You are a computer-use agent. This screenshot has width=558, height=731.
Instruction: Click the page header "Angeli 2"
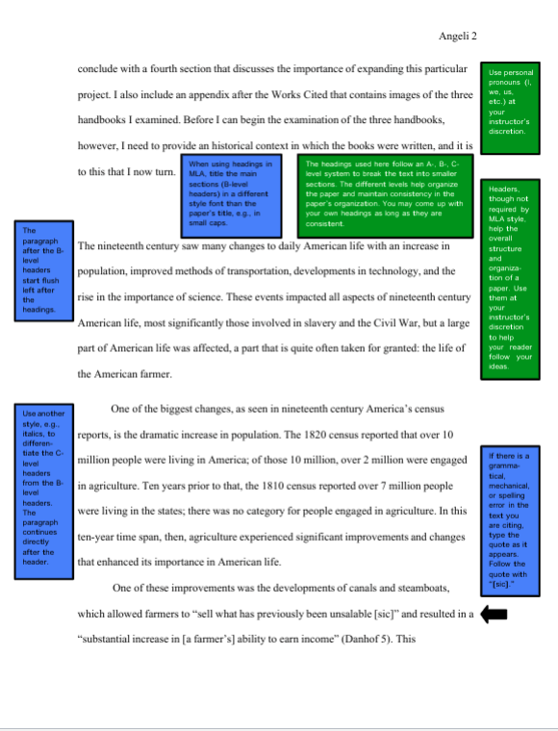coord(458,36)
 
